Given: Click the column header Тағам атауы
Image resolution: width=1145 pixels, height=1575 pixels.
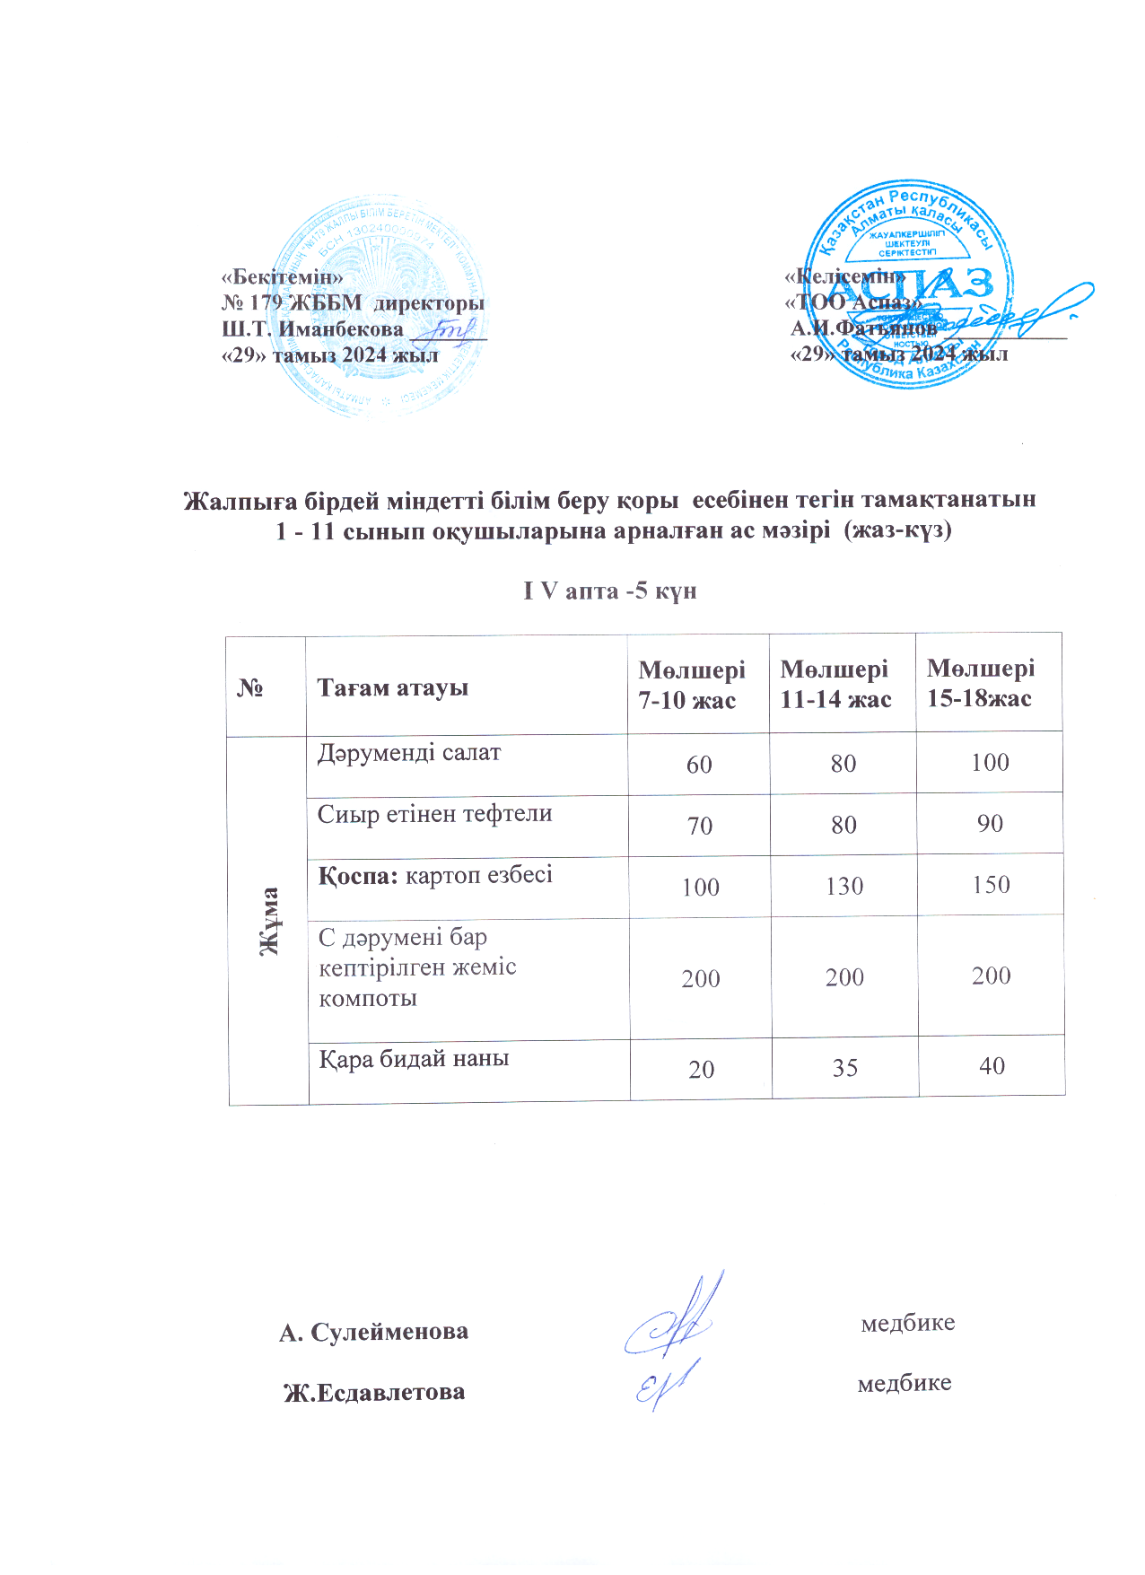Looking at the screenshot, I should pos(392,688).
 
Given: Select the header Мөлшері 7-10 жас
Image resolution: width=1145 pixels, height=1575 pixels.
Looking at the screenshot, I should pos(691,685).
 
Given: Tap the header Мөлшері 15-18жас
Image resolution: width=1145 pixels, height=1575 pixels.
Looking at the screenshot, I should pos(980,683).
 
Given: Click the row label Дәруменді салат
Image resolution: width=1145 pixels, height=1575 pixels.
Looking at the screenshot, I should pos(408,753).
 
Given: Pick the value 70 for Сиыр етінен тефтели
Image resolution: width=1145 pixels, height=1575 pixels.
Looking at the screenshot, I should pos(700,826).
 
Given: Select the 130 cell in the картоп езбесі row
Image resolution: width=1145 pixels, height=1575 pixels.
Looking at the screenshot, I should pos(844,887).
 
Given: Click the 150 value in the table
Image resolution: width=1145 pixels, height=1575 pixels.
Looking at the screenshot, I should pos(991,885).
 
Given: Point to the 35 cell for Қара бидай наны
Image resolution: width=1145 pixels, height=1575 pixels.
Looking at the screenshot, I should pos(845,1068).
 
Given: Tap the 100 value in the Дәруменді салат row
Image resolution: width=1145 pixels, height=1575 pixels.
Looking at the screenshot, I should pos(991,763).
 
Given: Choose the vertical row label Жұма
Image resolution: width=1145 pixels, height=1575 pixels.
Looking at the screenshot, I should pos(267,920).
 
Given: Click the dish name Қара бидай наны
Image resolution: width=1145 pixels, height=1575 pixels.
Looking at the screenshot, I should pos(414,1059).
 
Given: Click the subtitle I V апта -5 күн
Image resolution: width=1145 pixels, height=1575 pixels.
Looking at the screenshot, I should pos(610,591).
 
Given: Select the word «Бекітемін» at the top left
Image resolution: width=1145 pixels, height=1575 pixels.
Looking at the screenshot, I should pos(283,276).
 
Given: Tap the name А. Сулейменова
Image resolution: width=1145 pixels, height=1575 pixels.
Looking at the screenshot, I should pos(373,1332).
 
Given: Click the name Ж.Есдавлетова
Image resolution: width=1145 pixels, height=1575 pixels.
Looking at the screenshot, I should pos(374,1393).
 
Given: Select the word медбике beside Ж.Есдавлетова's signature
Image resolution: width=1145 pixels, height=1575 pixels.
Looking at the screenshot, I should pos(905,1383).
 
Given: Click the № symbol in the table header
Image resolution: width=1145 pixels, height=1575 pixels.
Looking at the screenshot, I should pos(249,688).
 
